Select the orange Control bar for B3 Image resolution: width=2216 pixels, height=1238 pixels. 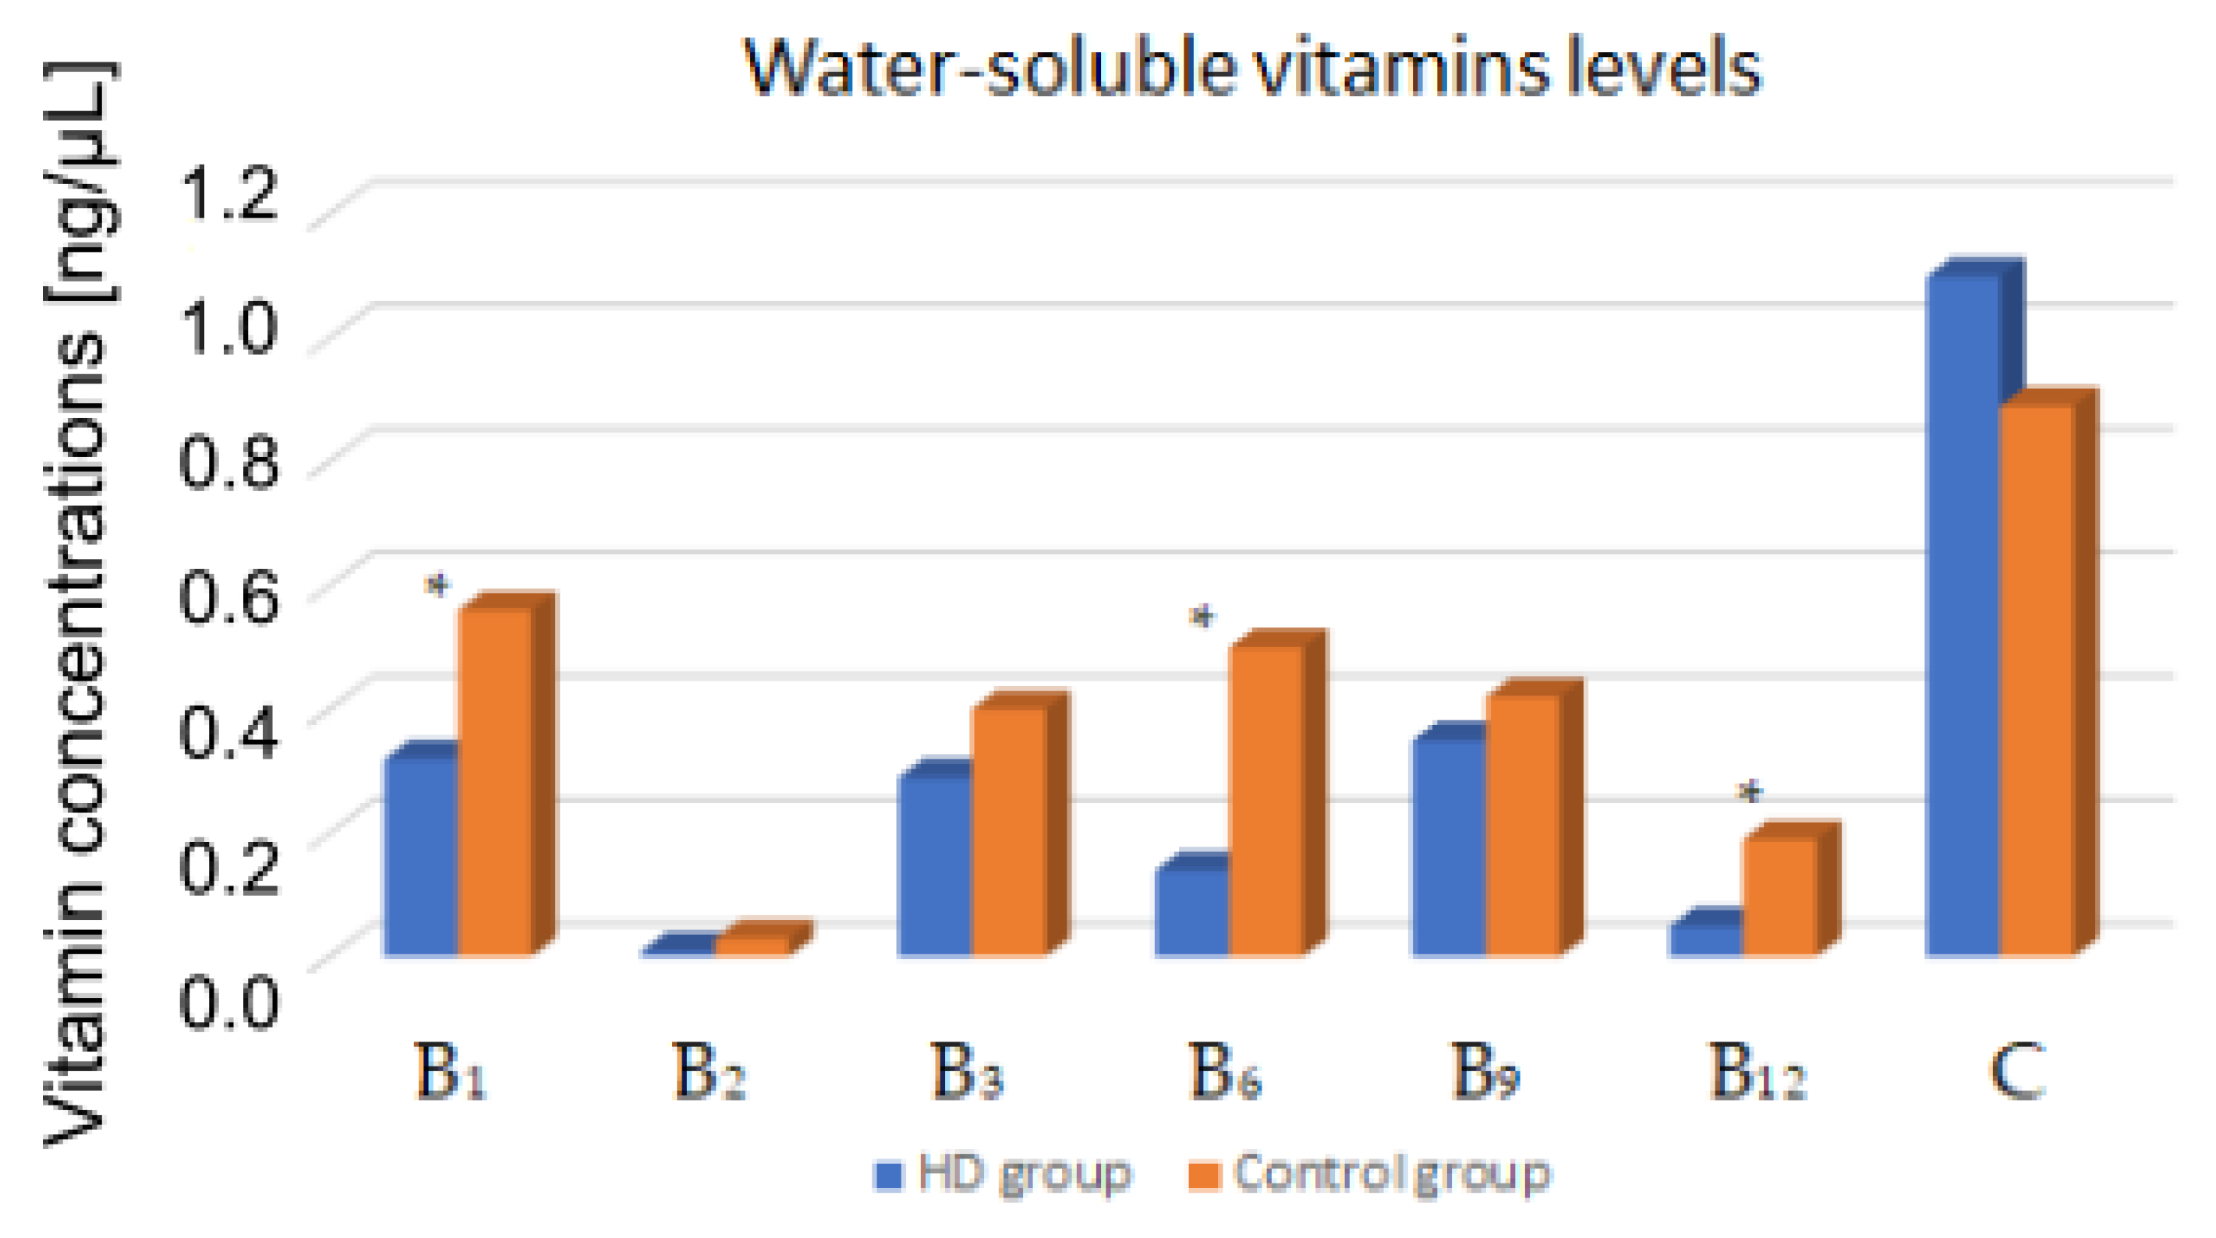pos(1009,830)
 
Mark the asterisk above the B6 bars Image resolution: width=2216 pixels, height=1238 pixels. pos(1202,617)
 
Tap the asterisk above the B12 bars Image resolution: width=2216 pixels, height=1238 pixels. pos(1750,791)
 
